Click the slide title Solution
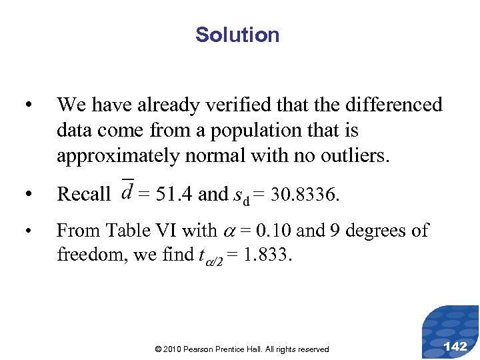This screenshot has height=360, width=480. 237,35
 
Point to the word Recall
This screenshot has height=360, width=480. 84,194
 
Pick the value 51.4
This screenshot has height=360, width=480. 177,194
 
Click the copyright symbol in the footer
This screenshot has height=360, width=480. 157,349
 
